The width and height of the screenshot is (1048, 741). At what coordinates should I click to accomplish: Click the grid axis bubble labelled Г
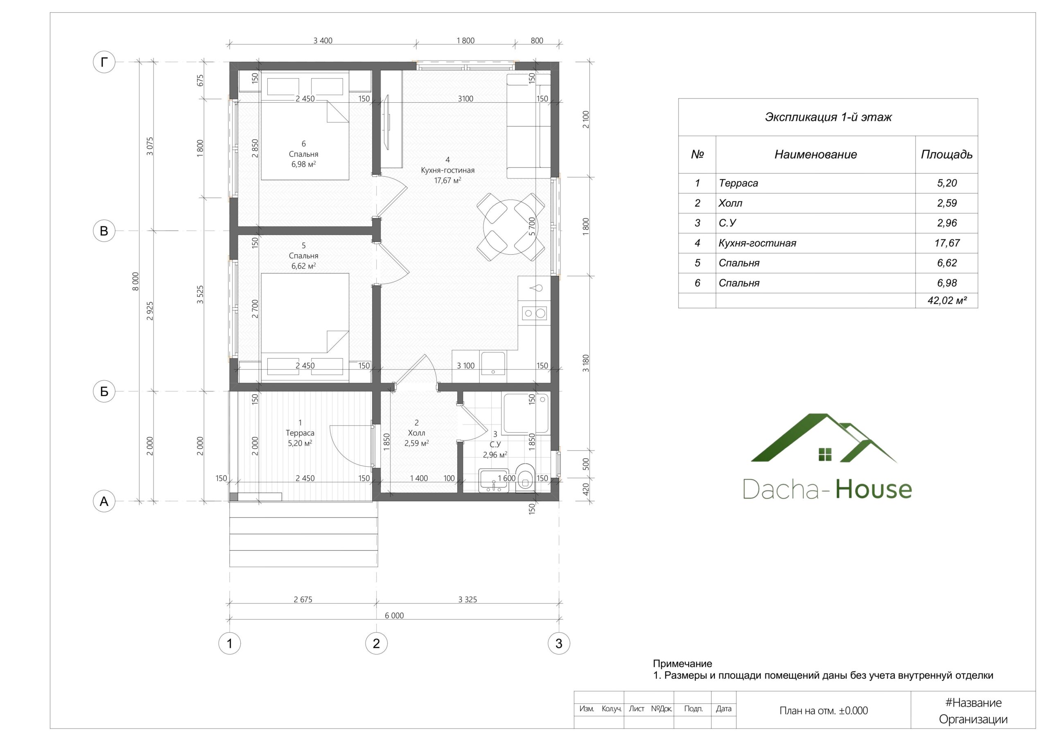click(104, 62)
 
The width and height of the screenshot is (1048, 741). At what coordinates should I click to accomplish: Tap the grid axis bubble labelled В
click(104, 230)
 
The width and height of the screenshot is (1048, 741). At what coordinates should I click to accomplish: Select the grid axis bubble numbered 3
click(559, 643)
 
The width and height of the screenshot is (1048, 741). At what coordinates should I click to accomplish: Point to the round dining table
click(511, 226)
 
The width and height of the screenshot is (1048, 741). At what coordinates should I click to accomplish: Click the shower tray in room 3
click(525, 413)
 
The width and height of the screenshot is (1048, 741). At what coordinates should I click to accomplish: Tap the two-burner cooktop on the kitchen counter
click(535, 313)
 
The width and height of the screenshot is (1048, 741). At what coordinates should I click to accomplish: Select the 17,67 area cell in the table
click(946, 243)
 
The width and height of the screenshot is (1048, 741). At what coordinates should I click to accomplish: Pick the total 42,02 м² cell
click(946, 300)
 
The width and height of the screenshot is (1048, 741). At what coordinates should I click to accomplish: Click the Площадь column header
click(946, 154)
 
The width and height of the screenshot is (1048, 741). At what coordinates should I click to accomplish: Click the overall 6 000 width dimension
click(394, 615)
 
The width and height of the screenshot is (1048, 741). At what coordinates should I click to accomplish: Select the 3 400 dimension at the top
click(323, 41)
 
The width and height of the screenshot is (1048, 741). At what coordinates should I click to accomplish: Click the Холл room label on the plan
click(416, 433)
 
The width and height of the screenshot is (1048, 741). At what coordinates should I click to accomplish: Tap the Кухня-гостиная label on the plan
click(447, 170)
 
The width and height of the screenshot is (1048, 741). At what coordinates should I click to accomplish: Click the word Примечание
click(682, 664)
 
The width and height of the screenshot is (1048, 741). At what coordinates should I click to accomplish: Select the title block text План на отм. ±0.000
click(823, 710)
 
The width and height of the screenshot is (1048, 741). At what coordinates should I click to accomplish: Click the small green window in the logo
click(825, 454)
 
